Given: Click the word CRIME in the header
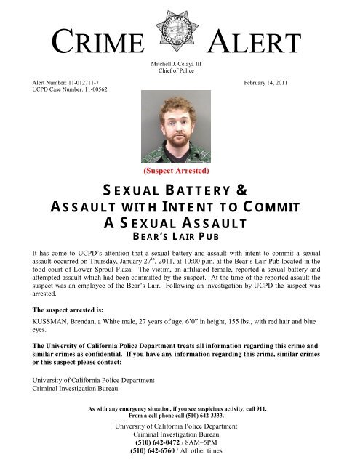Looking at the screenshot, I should pyautogui.click(x=96, y=45).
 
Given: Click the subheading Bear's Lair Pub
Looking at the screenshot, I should pyautogui.click(x=180, y=235).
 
